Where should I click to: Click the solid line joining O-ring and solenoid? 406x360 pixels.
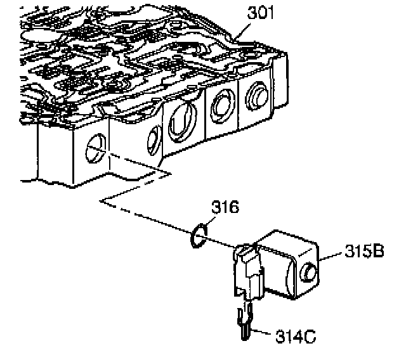(222, 244)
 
